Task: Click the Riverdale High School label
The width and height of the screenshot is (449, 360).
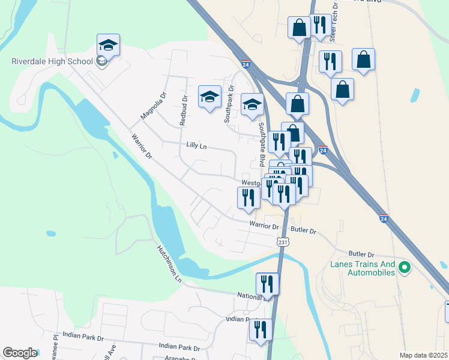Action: tap(52, 61)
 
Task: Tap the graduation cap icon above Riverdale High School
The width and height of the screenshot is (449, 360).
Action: tap(108, 44)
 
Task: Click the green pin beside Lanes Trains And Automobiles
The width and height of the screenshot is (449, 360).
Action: tap(405, 268)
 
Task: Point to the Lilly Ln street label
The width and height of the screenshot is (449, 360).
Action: tap(196, 145)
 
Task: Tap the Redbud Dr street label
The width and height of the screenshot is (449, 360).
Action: tap(184, 110)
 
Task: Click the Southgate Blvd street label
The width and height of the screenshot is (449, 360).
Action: tap(261, 145)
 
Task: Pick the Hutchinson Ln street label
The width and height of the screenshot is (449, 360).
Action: tap(169, 263)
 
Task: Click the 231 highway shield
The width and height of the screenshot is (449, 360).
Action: tap(283, 241)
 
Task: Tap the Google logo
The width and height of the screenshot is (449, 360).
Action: tap(19, 353)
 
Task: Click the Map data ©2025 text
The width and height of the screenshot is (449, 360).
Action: tap(423, 355)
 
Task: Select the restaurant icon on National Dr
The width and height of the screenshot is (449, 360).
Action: tap(267, 283)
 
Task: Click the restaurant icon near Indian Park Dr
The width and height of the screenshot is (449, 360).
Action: tap(261, 329)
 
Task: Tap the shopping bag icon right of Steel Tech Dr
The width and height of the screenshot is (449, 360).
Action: tap(363, 59)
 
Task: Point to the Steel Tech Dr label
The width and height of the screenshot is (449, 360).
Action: tap(334, 22)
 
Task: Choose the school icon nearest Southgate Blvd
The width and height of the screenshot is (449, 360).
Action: tap(253, 104)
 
